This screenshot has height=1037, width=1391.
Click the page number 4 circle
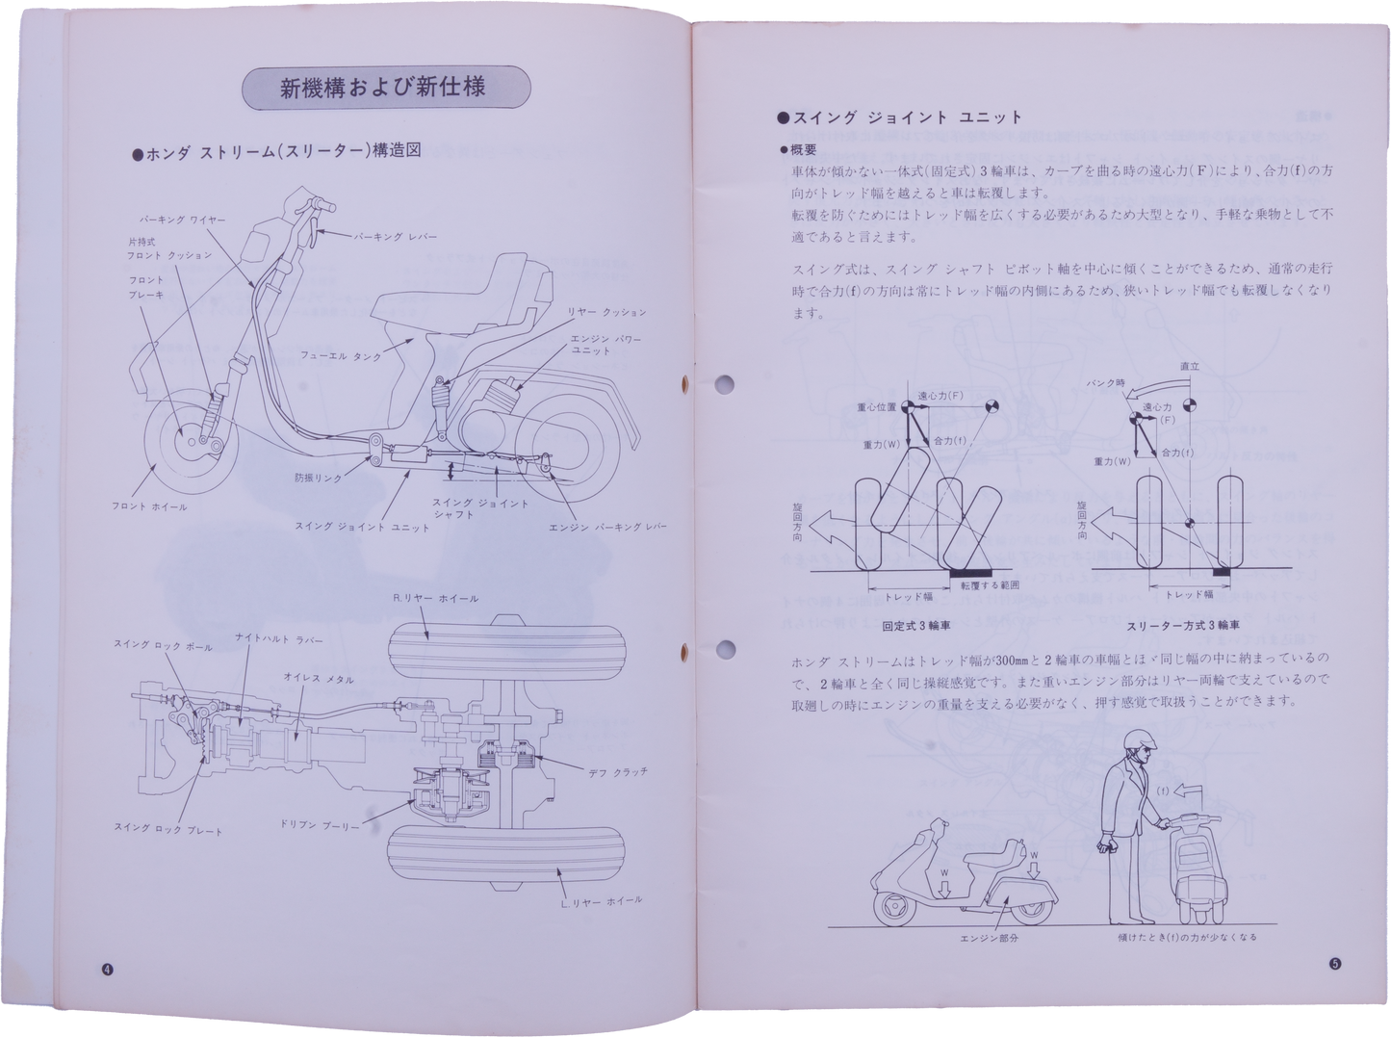[x=107, y=970]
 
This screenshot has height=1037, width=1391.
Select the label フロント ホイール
[x=149, y=506]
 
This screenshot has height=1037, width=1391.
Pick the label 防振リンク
[x=318, y=478]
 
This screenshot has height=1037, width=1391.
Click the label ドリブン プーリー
[x=320, y=826]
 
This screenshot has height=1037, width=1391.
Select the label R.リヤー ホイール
[x=436, y=599]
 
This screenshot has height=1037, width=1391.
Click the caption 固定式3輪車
[x=916, y=625]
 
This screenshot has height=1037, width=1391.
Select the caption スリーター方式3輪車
[x=1183, y=626]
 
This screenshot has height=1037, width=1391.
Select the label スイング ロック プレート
[x=167, y=829]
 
